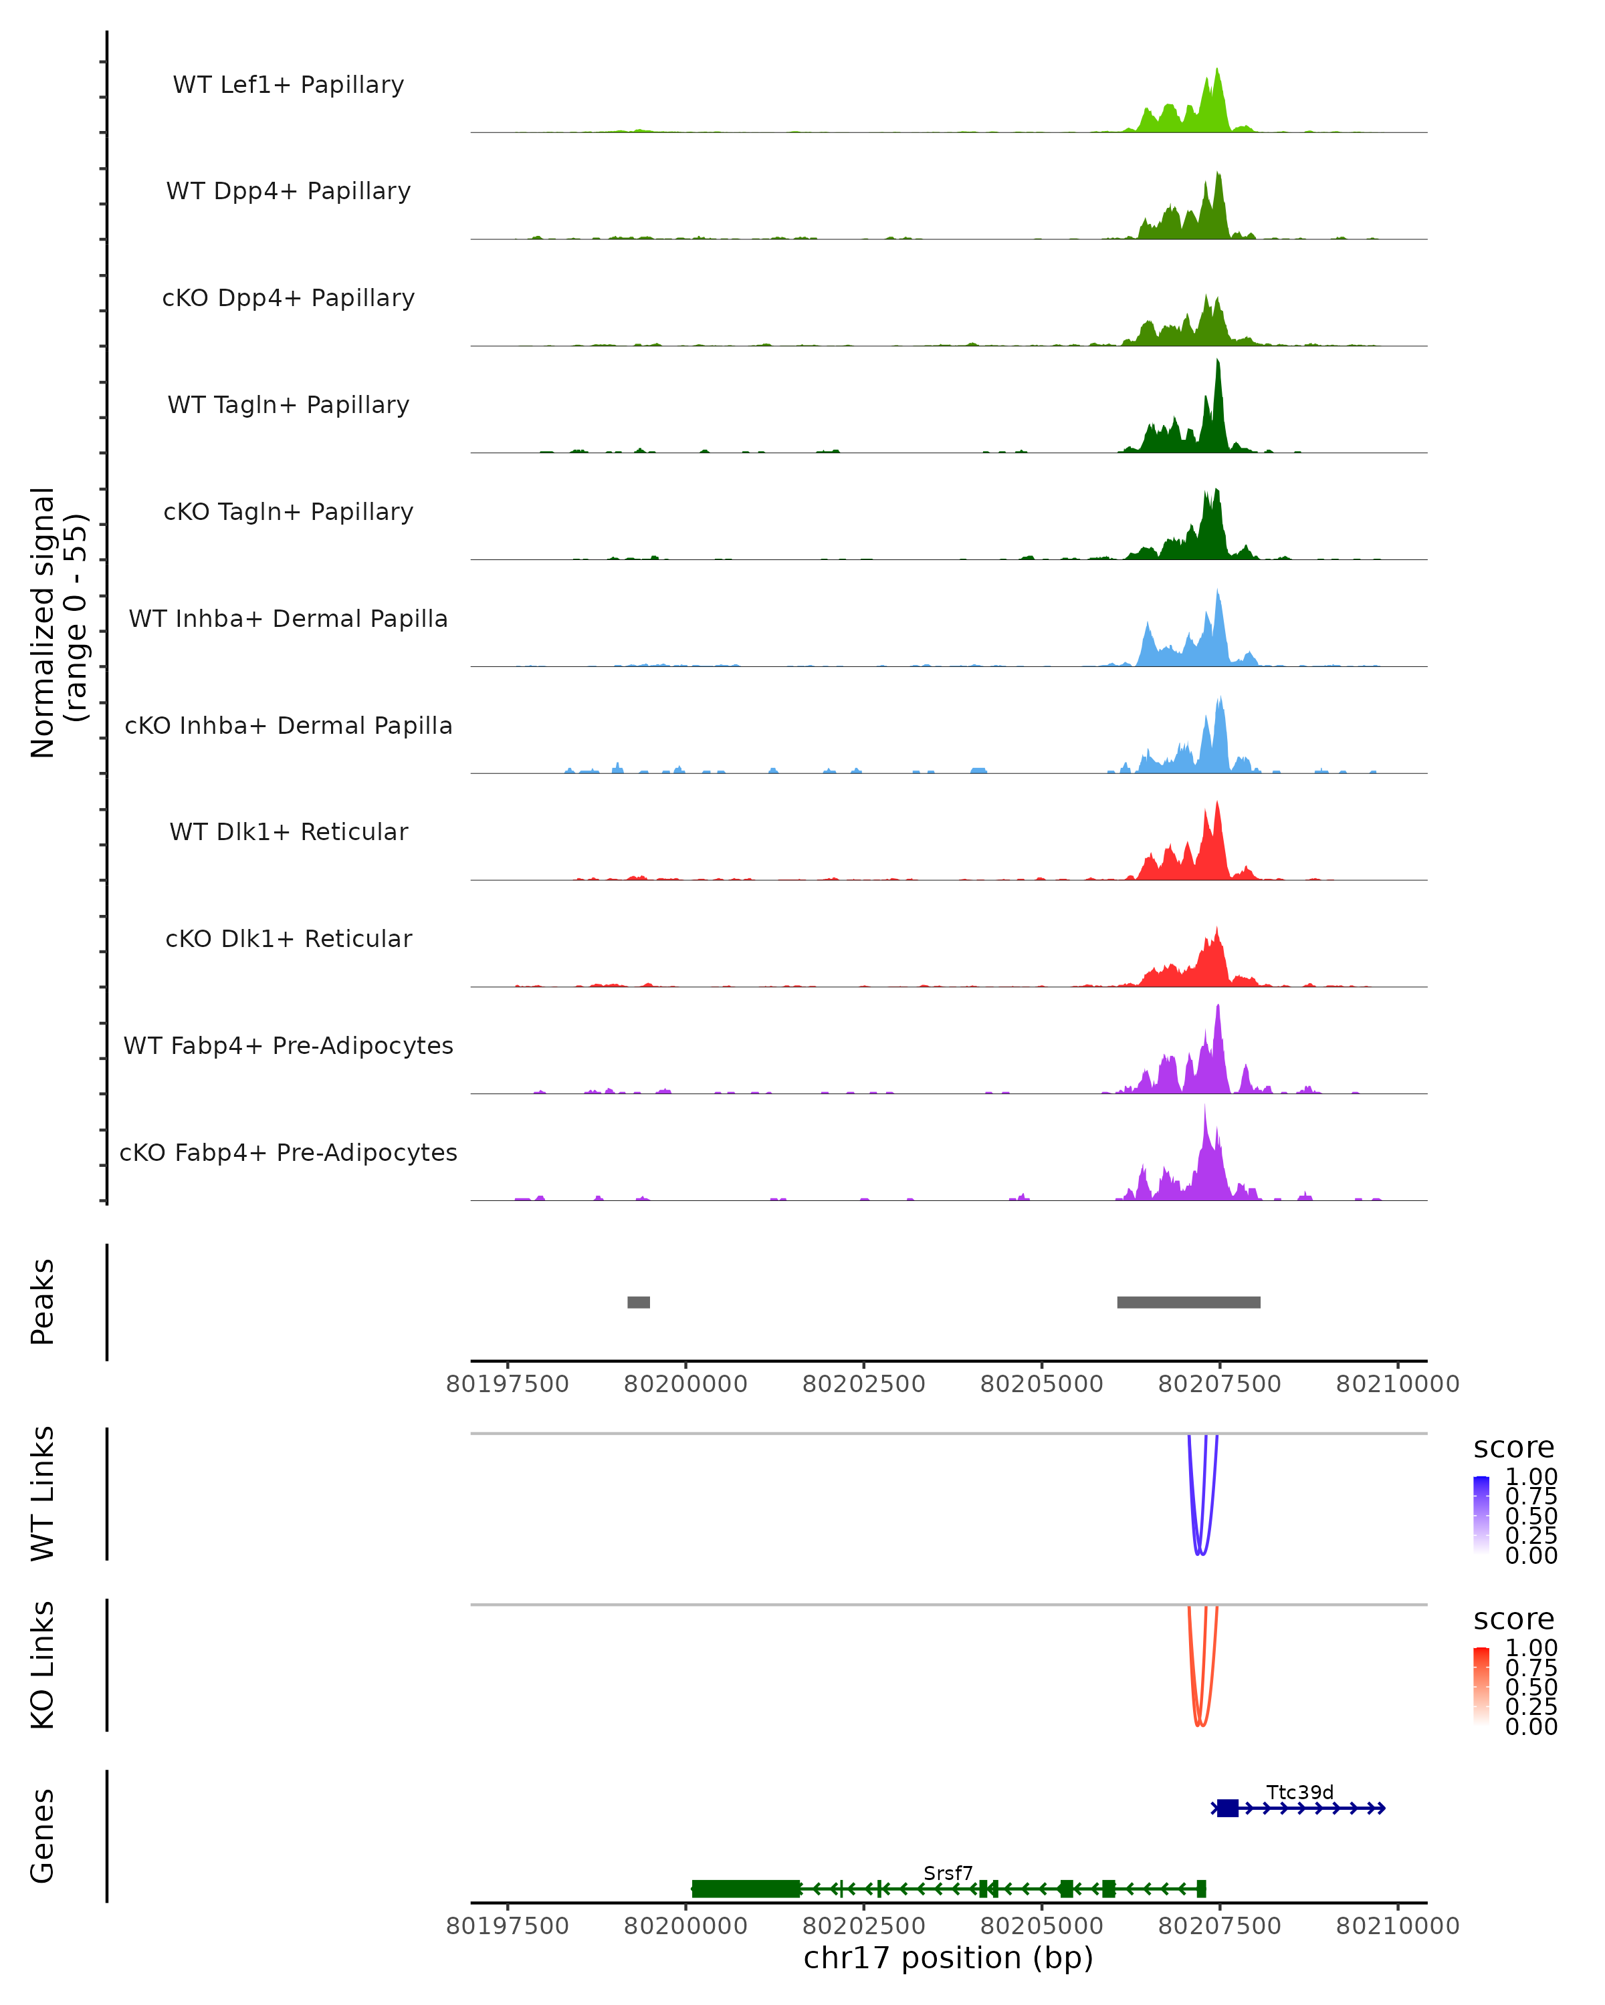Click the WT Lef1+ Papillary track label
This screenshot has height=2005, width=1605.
pos(288,85)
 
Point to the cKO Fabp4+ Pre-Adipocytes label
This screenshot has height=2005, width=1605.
pos(288,1152)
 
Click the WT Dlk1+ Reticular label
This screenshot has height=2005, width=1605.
pos(288,831)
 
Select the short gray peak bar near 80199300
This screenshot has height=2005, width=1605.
pos(638,1302)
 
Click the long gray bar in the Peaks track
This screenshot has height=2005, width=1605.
pos(1188,1302)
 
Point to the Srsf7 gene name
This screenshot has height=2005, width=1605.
pos(948,1873)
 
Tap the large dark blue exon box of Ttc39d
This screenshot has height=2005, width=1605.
pos(1227,1808)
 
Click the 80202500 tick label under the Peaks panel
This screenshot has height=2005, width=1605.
pos(863,1385)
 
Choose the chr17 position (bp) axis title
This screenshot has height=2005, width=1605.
pos(948,1958)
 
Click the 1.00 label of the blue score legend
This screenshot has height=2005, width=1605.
pos(1531,1477)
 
